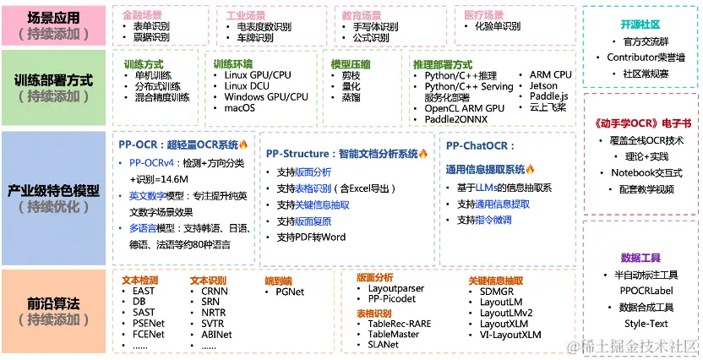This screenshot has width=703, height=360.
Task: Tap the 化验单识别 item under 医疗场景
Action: (492, 27)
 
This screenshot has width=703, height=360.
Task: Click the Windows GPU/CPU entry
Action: (266, 97)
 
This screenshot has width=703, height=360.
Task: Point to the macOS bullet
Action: (240, 108)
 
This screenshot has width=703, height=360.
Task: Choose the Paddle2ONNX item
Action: (456, 119)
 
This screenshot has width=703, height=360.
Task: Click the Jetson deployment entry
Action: (543, 86)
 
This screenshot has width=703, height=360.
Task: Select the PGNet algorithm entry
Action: (291, 292)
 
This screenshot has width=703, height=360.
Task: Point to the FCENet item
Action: (149, 335)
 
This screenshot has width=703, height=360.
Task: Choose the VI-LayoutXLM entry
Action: (510, 335)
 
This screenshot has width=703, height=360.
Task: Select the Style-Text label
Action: (646, 324)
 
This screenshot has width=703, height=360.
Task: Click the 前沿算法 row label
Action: (53, 303)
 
